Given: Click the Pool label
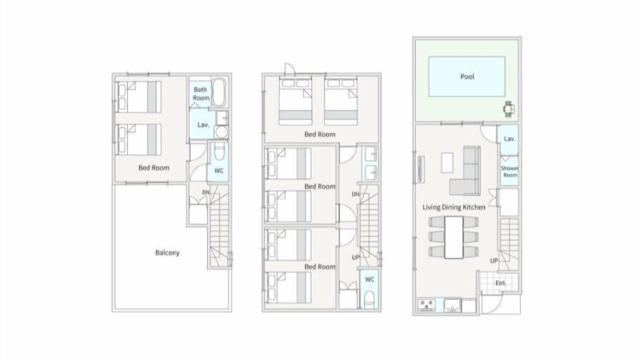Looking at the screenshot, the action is [x=467, y=76].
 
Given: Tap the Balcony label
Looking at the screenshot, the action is [x=167, y=252].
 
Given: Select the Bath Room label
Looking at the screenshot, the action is [x=201, y=93].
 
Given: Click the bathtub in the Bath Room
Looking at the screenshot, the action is [x=219, y=92].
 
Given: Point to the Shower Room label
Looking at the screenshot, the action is [x=509, y=171].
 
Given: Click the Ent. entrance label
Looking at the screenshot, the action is [x=500, y=283].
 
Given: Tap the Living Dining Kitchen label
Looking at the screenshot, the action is [x=454, y=207].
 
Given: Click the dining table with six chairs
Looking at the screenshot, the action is [x=453, y=237].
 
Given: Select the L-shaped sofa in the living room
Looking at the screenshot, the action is [x=465, y=171].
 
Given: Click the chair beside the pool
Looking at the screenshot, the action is [x=509, y=109].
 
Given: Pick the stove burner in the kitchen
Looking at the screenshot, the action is [x=426, y=305].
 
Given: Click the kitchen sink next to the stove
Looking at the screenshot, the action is [x=452, y=305].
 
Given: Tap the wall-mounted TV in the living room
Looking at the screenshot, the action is [x=421, y=169].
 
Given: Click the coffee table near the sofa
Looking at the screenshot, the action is [x=447, y=162].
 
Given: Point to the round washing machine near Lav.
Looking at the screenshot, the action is [x=221, y=132].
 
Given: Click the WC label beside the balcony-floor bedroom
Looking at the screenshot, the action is [x=219, y=171].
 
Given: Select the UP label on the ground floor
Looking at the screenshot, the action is [x=494, y=260].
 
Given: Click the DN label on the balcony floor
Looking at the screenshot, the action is [x=205, y=192].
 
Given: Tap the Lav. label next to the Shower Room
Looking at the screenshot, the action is [x=509, y=139].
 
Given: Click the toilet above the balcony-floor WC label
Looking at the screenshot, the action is [x=219, y=151].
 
